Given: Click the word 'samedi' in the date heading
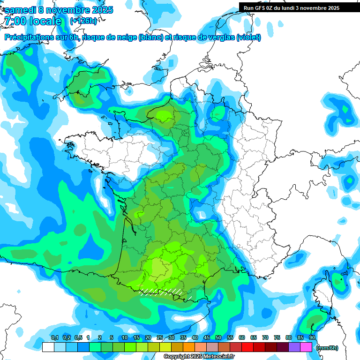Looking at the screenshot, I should click(x=22, y=10).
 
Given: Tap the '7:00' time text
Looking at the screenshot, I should click(x=15, y=21).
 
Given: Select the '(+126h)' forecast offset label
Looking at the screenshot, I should click(x=83, y=21).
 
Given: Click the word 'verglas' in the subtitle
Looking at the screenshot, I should click(x=219, y=37).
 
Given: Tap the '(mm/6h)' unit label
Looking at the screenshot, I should click(x=327, y=348).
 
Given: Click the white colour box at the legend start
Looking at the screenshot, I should click(x=48, y=347).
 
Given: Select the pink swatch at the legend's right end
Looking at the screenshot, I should click(x=306, y=347).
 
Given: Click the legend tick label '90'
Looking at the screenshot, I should click(x=312, y=338).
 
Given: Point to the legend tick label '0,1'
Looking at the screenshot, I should click(x=54, y=338).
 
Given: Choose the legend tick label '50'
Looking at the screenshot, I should click(x=218, y=338).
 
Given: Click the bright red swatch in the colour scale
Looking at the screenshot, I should click(x=247, y=347).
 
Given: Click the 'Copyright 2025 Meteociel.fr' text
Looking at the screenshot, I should click(x=199, y=356).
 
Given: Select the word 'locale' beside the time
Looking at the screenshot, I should click(x=45, y=21).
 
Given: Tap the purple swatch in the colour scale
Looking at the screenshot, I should click(x=294, y=347).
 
